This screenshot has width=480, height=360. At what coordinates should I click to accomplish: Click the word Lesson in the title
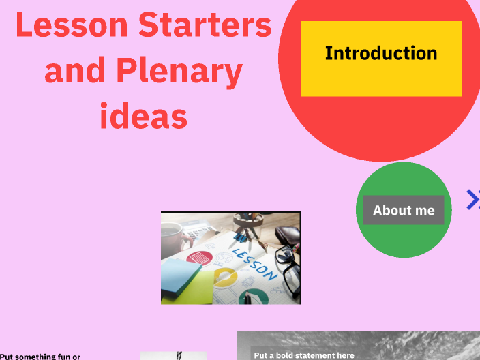tap(71, 26)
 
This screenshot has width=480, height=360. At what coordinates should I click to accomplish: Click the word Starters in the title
tap(205, 26)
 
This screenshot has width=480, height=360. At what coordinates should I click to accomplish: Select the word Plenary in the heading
tap(179, 71)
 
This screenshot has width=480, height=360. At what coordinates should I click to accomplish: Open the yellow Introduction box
tap(381, 59)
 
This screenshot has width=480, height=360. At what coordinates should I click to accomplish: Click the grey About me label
tap(404, 210)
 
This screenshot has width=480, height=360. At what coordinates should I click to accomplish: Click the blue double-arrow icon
tap(473, 199)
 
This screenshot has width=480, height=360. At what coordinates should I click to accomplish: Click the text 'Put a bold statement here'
tap(304, 355)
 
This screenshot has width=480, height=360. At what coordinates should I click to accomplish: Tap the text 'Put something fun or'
tap(40, 356)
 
